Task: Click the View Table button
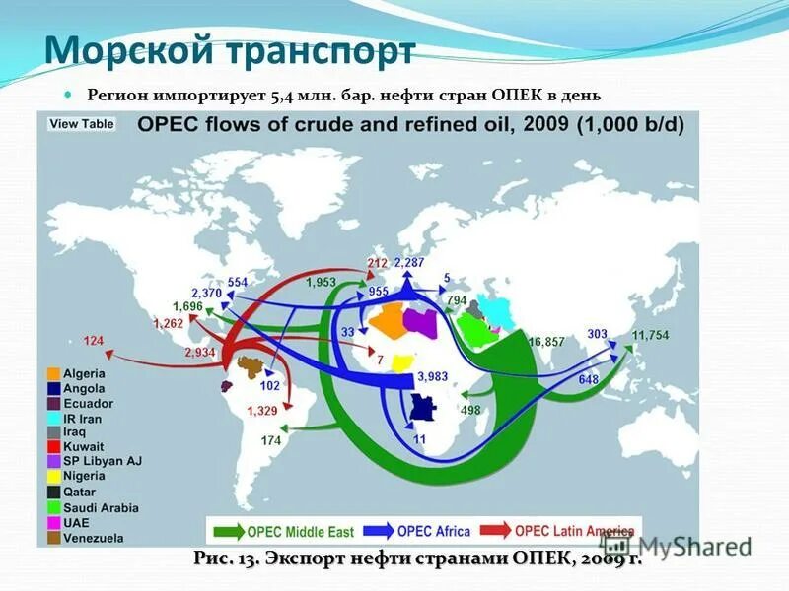(81, 124)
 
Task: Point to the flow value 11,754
(650, 336)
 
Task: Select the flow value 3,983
(432, 376)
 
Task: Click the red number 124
(93, 341)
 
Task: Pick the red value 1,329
(262, 410)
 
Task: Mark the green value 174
(271, 440)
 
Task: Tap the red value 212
(377, 263)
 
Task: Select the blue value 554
(237, 282)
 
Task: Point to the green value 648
(589, 379)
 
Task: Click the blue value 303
(597, 334)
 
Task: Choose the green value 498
(470, 410)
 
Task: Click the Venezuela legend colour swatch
(51, 538)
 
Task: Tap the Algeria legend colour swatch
(51, 373)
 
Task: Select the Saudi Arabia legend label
(101, 508)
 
